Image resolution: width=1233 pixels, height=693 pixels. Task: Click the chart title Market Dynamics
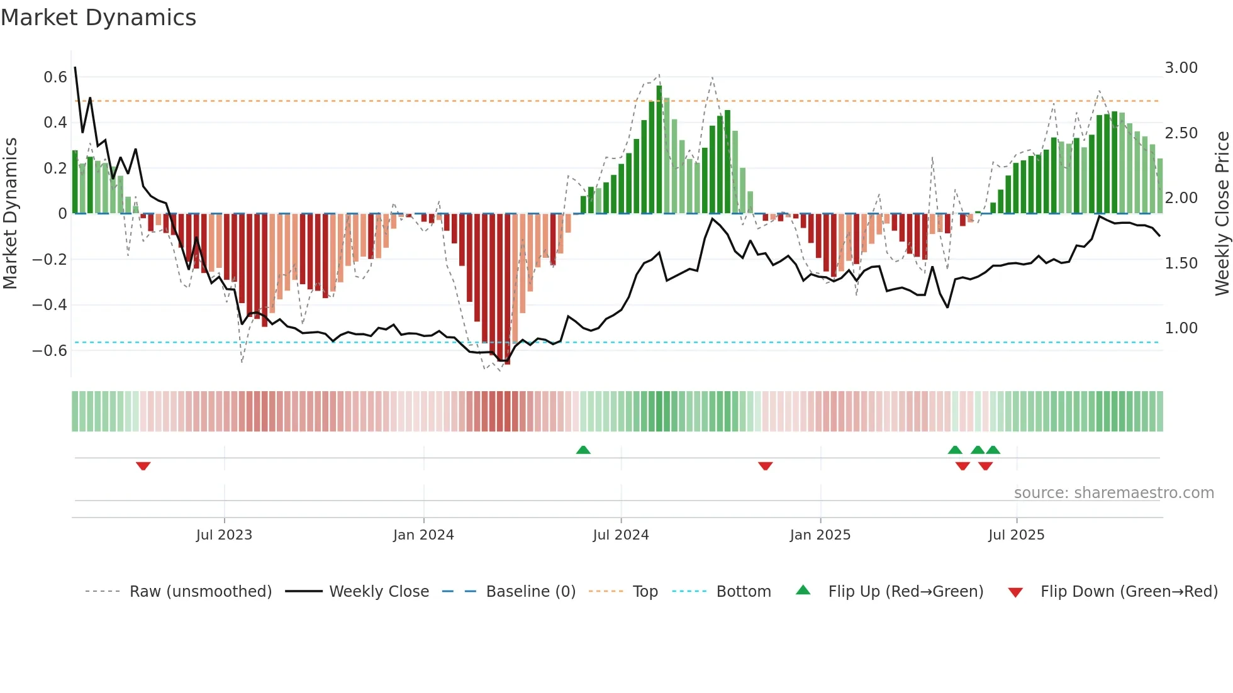(x=99, y=18)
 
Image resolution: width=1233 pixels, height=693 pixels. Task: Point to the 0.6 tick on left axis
(x=55, y=77)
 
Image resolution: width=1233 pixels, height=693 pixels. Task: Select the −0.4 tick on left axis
(x=50, y=305)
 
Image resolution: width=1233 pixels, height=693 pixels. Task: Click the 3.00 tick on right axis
(x=1181, y=68)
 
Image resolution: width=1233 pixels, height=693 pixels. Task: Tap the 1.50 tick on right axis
(x=1181, y=263)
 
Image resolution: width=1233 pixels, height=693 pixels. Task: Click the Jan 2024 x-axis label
(x=423, y=535)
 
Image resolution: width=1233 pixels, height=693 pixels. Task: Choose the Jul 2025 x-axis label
(x=1016, y=535)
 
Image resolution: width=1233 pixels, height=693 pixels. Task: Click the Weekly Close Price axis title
(x=1222, y=213)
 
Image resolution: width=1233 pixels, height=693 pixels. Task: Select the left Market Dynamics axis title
(x=10, y=213)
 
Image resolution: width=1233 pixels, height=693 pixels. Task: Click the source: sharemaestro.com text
(x=1113, y=493)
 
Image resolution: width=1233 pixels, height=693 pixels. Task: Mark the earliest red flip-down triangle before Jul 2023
(x=143, y=466)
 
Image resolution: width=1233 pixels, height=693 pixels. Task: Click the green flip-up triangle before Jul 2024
(x=583, y=450)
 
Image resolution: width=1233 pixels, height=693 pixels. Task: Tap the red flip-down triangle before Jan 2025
(x=765, y=466)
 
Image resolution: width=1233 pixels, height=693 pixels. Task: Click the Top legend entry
(x=645, y=592)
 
